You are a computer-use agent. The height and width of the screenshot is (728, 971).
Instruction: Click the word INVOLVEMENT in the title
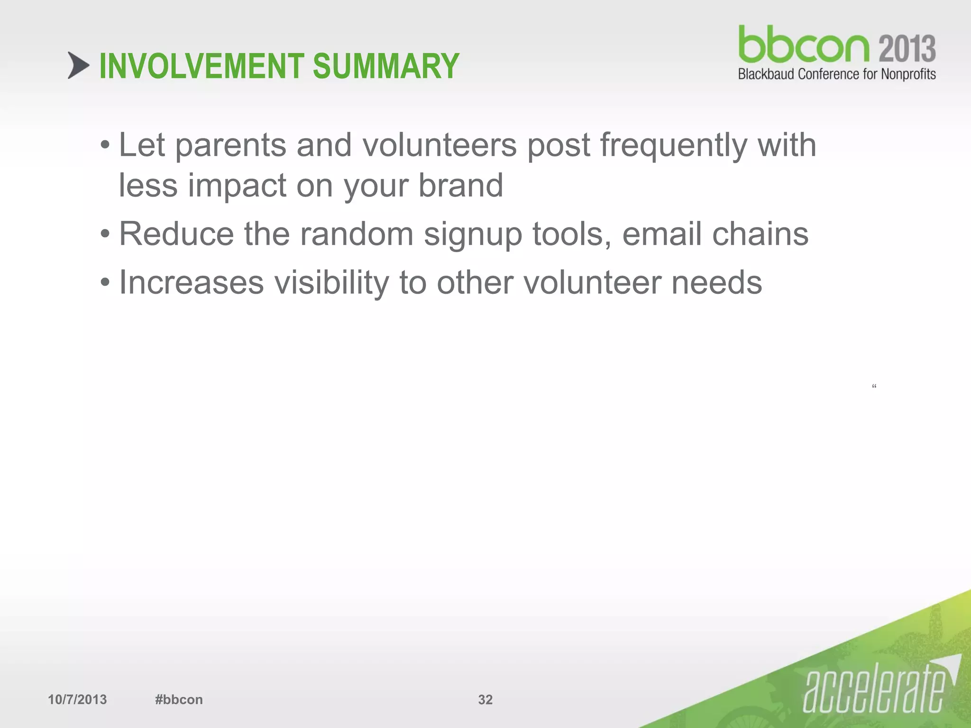click(201, 66)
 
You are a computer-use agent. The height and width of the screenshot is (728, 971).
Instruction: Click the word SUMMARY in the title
click(386, 66)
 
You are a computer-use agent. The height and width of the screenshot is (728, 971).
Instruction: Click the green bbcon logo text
click(804, 45)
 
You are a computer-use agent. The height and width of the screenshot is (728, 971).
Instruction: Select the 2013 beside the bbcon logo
click(907, 49)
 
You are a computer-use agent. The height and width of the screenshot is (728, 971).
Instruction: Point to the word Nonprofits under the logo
click(908, 74)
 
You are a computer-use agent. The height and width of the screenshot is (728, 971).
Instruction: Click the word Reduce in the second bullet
click(176, 234)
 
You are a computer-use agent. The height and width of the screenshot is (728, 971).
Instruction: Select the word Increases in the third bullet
click(191, 282)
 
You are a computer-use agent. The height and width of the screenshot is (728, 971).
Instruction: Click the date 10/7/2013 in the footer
click(77, 700)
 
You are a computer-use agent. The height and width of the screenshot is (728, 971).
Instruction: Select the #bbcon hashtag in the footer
click(179, 700)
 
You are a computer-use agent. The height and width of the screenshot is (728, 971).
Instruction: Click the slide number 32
click(485, 700)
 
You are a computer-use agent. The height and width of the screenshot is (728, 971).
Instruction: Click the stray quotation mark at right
click(874, 386)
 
